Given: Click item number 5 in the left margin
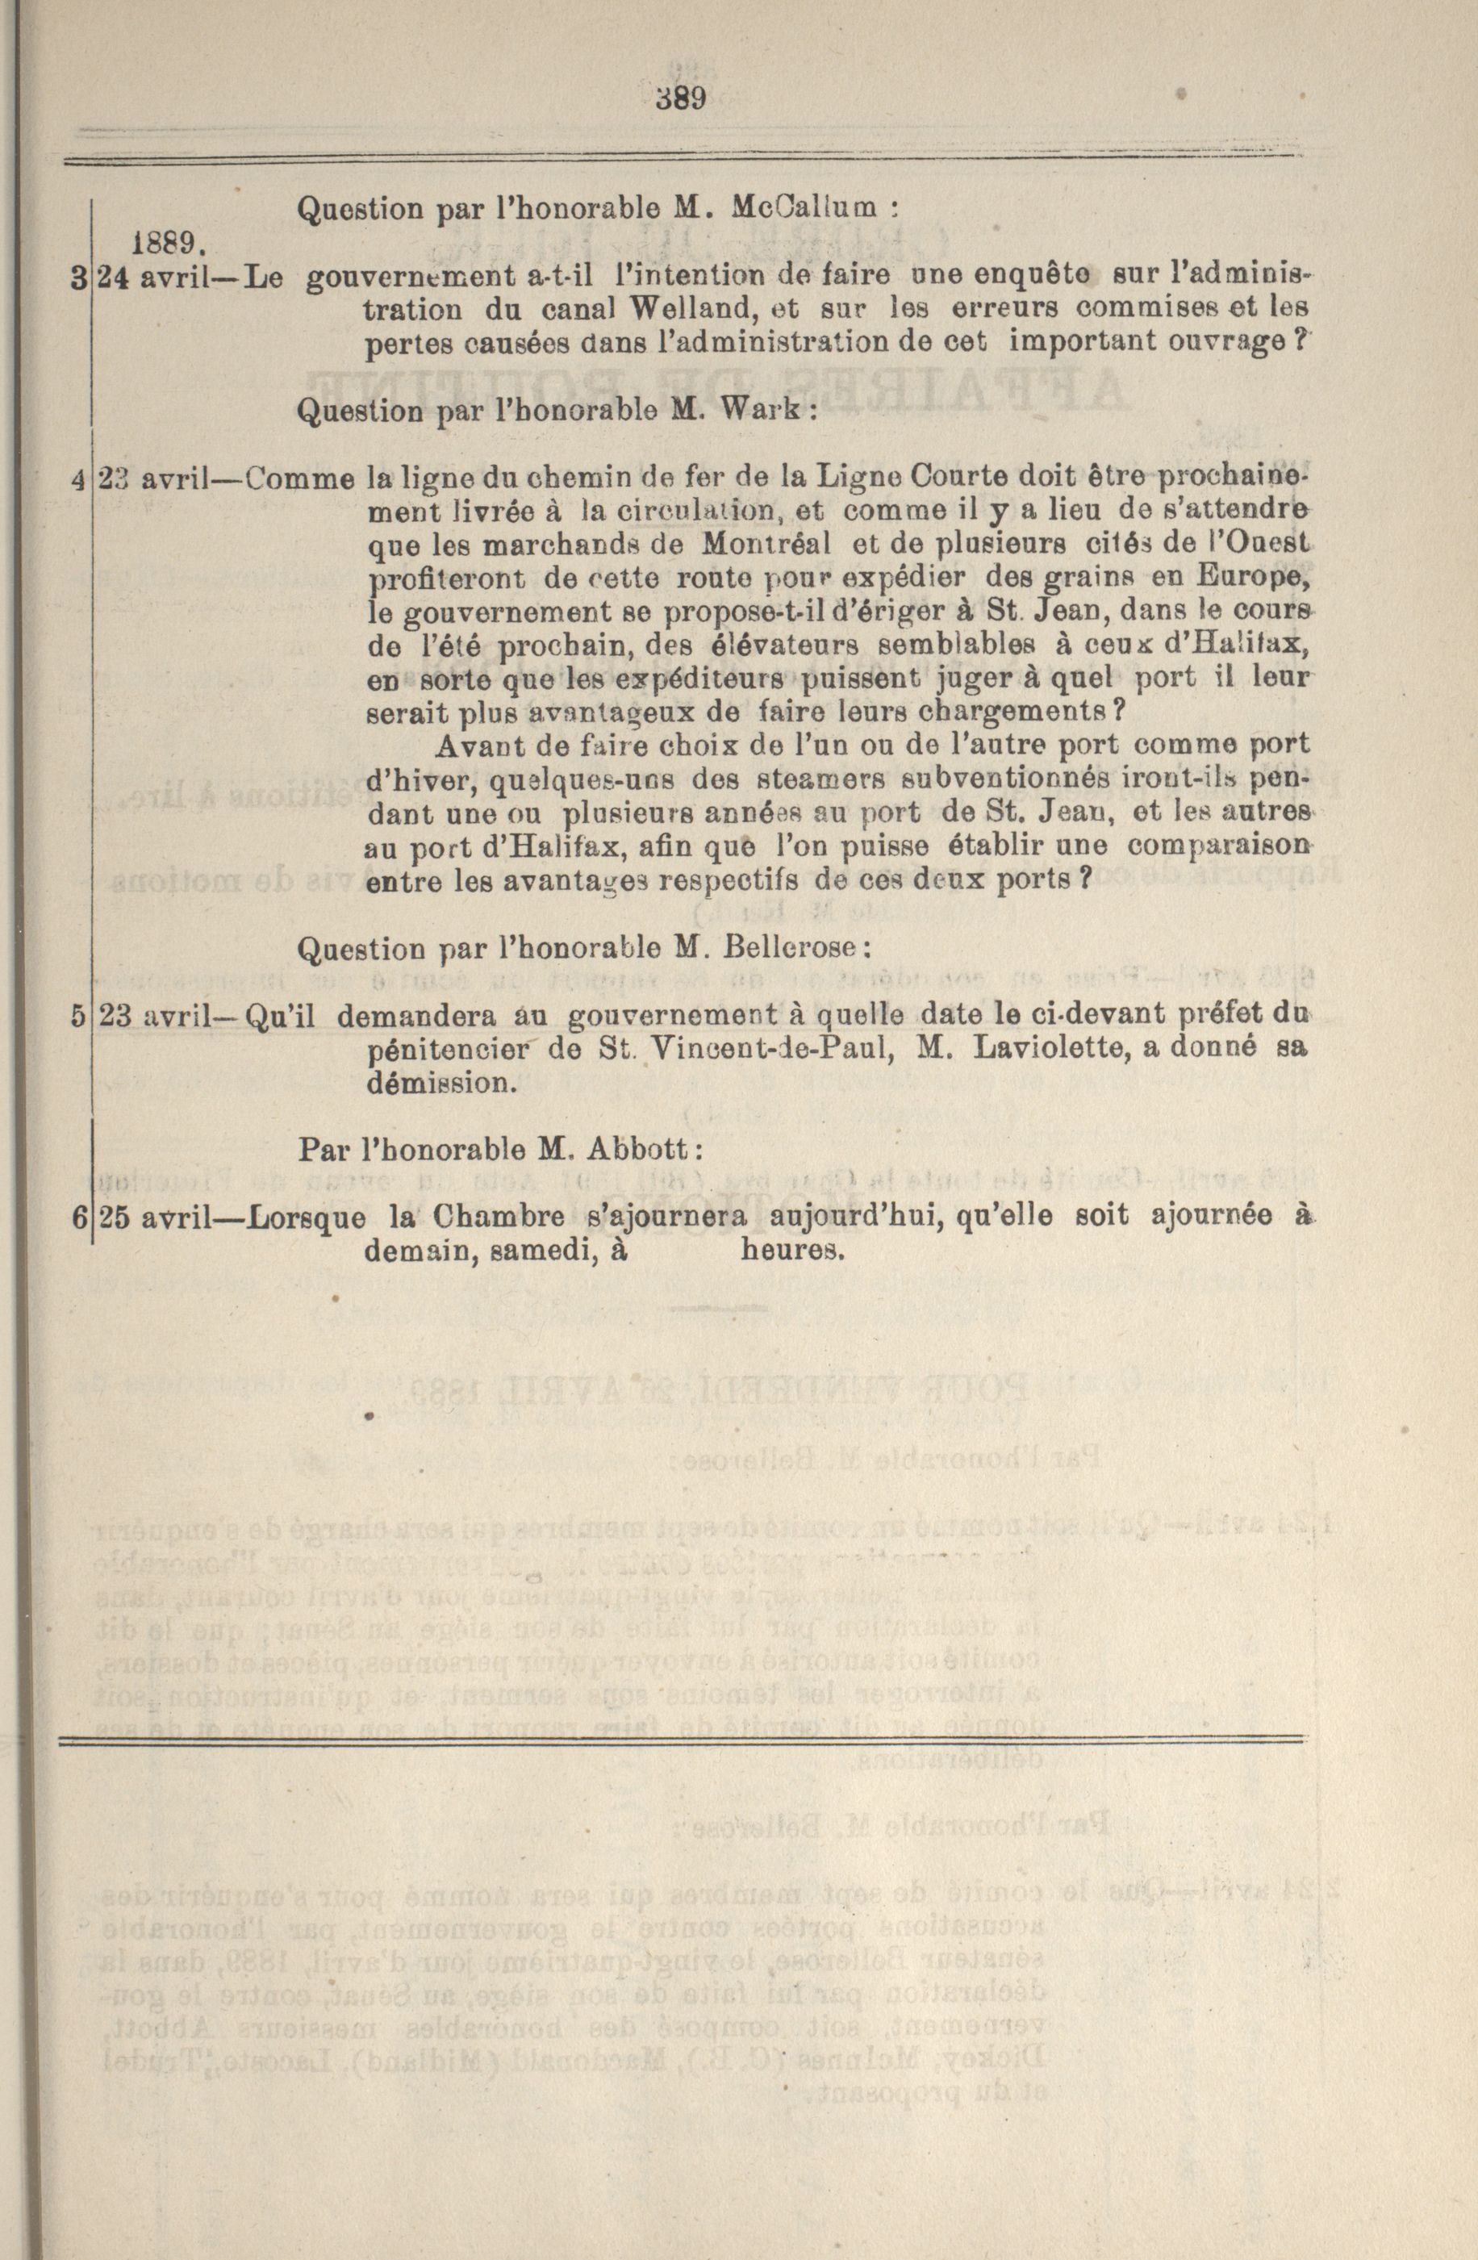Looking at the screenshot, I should (x=77, y=1016).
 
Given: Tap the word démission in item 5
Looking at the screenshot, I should (x=440, y=1084).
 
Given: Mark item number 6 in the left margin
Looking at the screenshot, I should (x=77, y=1218).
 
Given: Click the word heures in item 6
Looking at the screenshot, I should (x=791, y=1251).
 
